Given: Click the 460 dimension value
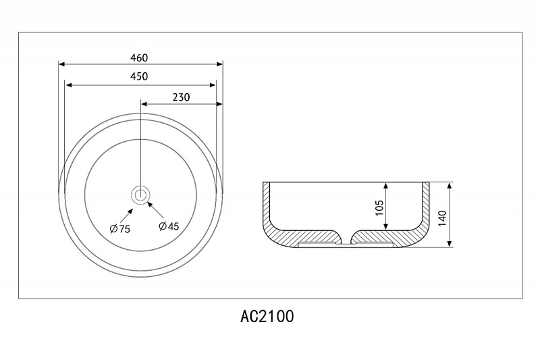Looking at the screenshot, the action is (x=139, y=57).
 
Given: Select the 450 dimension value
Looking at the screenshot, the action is (x=139, y=76).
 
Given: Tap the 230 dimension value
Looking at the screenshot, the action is (x=181, y=97).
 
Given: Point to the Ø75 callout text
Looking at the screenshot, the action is (x=120, y=228).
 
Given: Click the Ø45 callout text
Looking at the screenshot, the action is (x=169, y=226).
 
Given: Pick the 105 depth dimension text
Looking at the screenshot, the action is (x=379, y=208).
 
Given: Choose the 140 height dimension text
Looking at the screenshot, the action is (x=443, y=218).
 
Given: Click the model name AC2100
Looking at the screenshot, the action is (x=267, y=316).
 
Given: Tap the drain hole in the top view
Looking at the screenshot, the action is (x=140, y=195).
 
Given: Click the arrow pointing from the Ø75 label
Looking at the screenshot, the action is (x=126, y=216).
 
